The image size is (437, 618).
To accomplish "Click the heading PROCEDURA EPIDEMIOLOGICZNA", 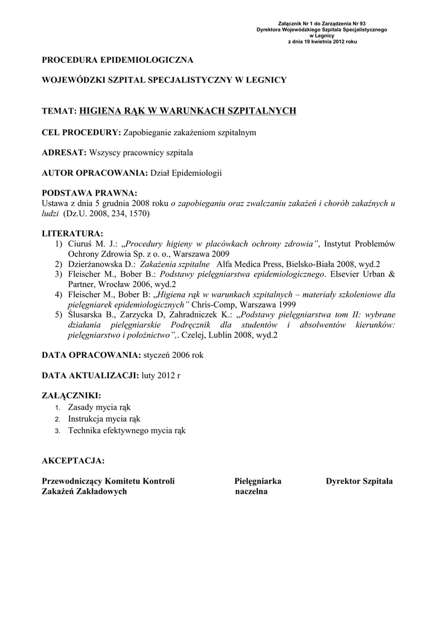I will [117, 60].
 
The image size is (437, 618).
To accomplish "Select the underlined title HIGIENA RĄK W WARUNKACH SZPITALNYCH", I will [188, 110].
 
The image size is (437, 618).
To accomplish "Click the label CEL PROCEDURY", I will [81, 132].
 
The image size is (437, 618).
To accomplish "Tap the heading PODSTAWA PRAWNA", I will [89, 193].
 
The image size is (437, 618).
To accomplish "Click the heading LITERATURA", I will [72, 234].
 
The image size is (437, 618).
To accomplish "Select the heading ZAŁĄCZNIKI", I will [71, 396].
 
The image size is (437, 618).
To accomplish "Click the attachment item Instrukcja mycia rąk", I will [104, 418].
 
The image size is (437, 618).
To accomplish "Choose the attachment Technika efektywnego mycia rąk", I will [127, 430].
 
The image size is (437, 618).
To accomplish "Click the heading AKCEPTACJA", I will [73, 461].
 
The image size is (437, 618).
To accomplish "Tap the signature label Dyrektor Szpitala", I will [359, 481].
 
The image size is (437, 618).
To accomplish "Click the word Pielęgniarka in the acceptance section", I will [258, 481].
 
